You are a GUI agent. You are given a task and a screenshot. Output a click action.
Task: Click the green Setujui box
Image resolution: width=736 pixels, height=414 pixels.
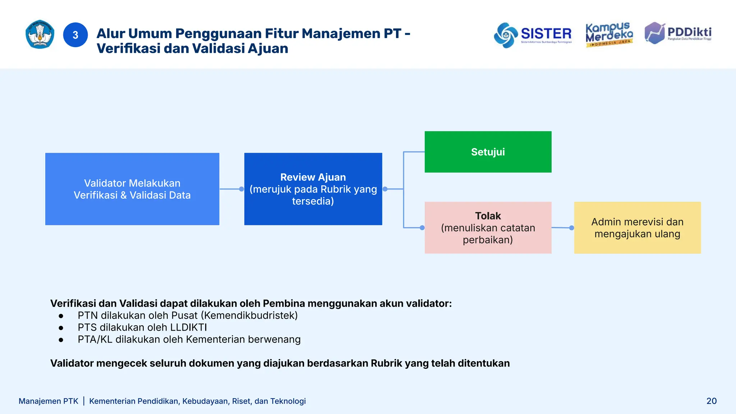click(488, 152)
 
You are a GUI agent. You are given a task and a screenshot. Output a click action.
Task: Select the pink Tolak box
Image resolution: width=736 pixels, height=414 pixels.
click(488, 227)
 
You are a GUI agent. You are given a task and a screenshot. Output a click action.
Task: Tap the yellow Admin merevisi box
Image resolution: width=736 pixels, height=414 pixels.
click(637, 227)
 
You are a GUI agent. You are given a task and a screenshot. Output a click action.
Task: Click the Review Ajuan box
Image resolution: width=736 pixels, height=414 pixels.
click(313, 189)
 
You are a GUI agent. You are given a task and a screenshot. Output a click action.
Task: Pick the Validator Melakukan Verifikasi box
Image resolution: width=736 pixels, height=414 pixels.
click(132, 189)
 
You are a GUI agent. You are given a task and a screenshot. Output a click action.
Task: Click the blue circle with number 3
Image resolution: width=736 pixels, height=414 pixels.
click(75, 35)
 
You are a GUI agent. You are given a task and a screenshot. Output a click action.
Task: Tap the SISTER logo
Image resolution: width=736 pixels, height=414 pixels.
click(533, 34)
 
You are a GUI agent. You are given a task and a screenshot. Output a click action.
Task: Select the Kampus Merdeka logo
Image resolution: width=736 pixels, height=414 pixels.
click(609, 34)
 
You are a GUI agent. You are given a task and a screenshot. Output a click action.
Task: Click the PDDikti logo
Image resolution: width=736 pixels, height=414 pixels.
click(678, 33)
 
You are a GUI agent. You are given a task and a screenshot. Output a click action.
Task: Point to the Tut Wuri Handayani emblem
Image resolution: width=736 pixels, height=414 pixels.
click(40, 34)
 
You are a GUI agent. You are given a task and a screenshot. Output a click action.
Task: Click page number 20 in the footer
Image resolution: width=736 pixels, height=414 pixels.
click(711, 401)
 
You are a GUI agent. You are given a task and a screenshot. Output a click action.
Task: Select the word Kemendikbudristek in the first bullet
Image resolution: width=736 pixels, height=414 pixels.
click(249, 316)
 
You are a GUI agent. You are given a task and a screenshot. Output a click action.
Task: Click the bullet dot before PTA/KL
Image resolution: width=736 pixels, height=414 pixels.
click(61, 340)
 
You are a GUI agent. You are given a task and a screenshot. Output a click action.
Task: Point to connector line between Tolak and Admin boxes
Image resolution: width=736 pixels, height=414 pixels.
click(561, 227)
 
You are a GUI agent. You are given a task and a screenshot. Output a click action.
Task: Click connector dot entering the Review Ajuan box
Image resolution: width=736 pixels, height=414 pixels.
click(241, 189)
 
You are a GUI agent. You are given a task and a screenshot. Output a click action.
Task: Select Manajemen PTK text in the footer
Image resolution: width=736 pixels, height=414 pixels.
click(48, 401)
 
